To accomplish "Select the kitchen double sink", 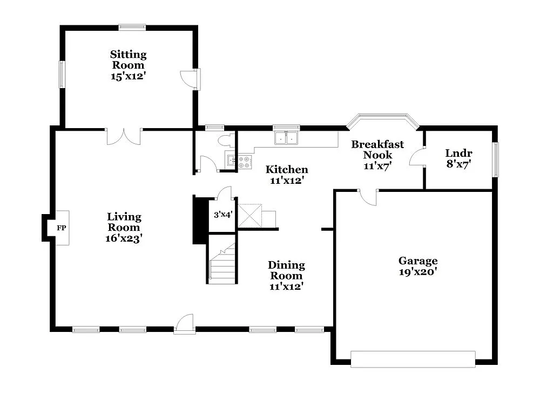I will (x=287, y=138).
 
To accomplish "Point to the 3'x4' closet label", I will (x=222, y=215).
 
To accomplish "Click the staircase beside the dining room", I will (x=222, y=265).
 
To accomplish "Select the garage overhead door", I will (x=413, y=358).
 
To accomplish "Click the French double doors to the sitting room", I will (x=124, y=136).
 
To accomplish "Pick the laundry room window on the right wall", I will (x=495, y=159).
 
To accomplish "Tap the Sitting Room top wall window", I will (x=132, y=26).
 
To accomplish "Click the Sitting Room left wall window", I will (x=62, y=74).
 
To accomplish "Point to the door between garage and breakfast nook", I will (x=368, y=197).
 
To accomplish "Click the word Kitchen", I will (x=287, y=170).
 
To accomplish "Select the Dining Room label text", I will (x=286, y=265).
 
